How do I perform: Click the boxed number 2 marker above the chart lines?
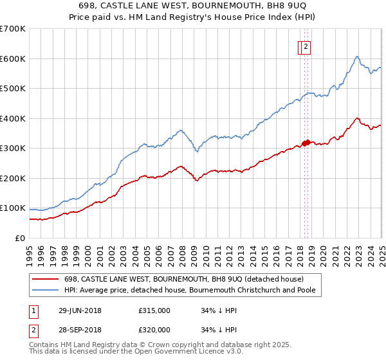point(306,46)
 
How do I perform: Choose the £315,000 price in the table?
point(154,310)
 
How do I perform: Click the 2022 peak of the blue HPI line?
point(356,57)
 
